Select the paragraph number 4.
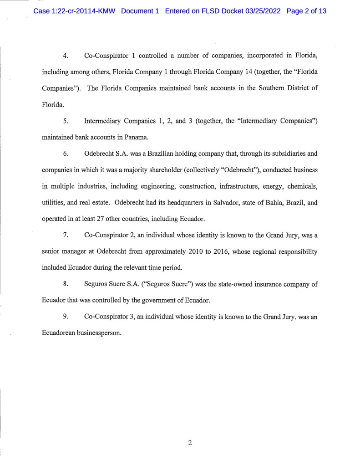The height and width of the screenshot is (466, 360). [66, 56]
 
